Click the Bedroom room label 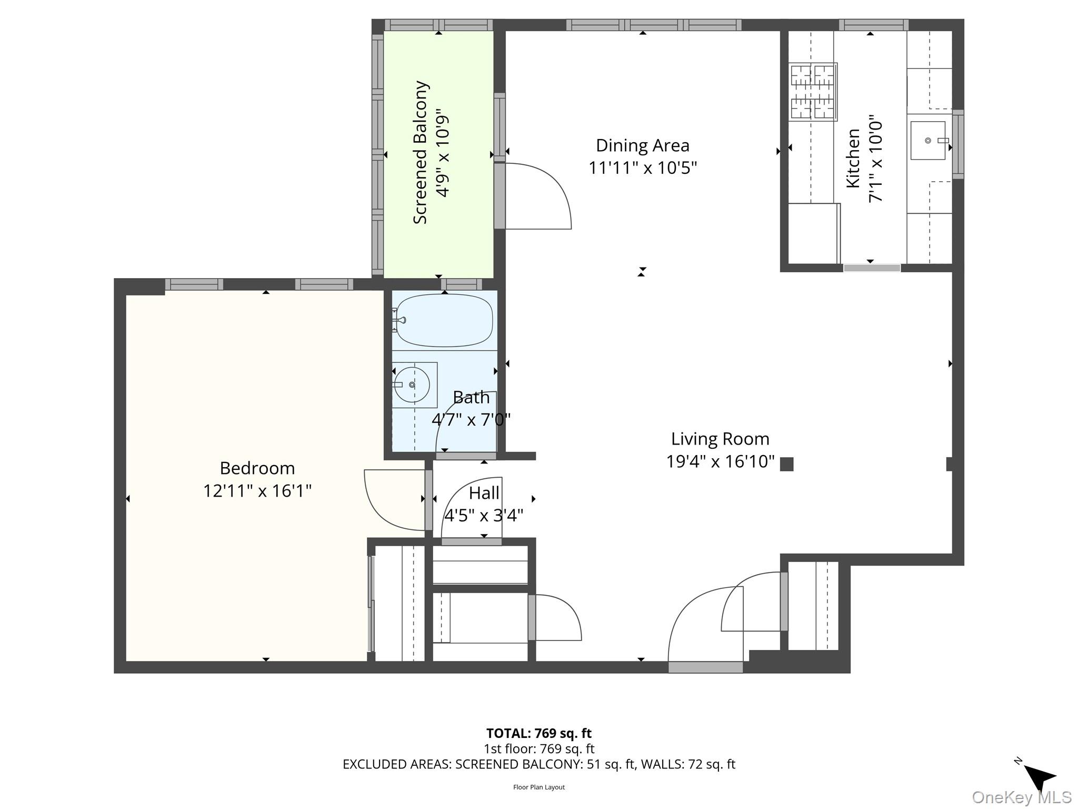[257, 468]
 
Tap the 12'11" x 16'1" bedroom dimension [257, 491]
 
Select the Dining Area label [642, 145]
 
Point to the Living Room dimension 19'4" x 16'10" [720, 461]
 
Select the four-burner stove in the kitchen [813, 92]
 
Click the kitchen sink [928, 141]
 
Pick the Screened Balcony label [420, 152]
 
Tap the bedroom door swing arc [392, 500]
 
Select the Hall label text [484, 494]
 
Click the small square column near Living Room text [786, 464]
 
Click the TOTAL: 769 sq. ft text [538, 733]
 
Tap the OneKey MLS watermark [1021, 797]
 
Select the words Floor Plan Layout [538, 787]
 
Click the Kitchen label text [853, 158]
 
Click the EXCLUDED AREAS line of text [538, 764]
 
